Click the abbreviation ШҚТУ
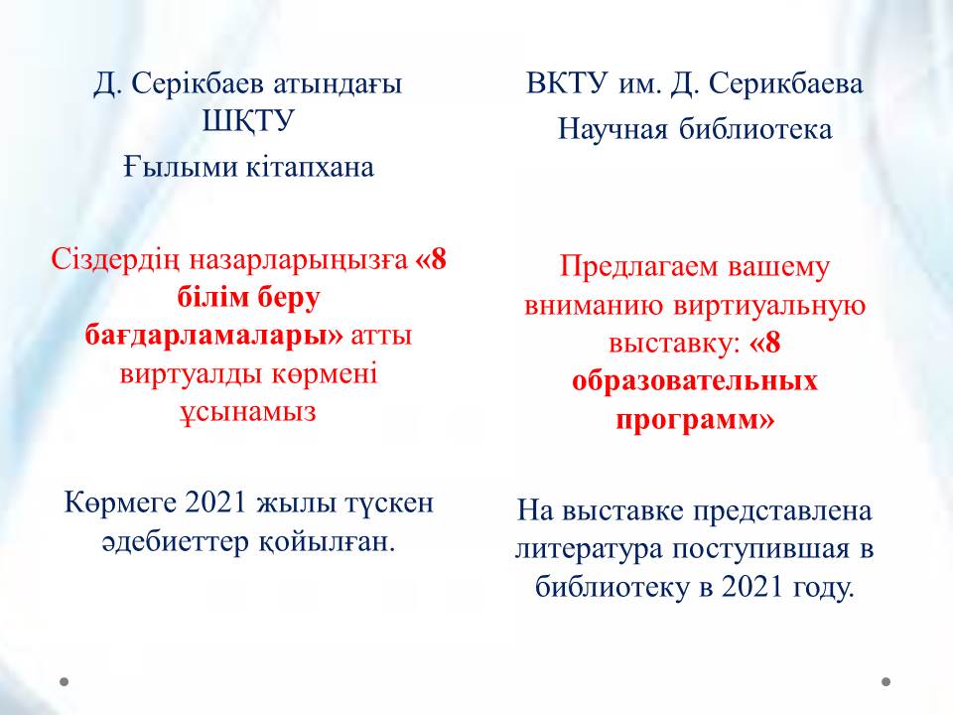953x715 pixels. point(248,122)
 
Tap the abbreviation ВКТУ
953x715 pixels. point(567,83)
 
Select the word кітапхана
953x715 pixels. point(310,167)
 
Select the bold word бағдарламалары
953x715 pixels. point(213,335)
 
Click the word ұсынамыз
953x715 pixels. point(248,412)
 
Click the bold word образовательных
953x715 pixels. point(695,381)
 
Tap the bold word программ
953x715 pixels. point(687,419)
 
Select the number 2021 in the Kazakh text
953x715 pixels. point(215,502)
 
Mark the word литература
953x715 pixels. point(589,549)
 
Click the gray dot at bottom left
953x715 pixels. point(65,681)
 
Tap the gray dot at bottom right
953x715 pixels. point(886,681)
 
